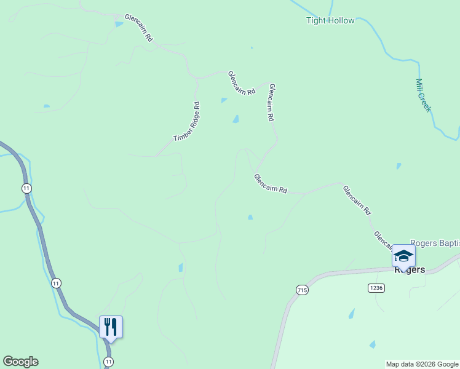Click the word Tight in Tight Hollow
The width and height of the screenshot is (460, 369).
316,21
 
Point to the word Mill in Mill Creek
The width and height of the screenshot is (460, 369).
420,87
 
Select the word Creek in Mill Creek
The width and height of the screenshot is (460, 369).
426,103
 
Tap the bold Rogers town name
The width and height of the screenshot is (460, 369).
410,270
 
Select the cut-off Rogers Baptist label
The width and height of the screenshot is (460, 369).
434,244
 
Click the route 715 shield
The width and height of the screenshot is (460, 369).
301,290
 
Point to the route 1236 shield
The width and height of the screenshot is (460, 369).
376,288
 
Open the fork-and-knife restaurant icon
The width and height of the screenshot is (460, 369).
111,327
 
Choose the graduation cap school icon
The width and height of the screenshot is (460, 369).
404,255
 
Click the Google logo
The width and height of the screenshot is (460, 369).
20,362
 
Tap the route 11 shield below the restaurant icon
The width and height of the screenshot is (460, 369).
109,361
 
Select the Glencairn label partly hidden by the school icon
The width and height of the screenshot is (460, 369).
383,241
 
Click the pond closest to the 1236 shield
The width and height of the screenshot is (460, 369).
352,314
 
